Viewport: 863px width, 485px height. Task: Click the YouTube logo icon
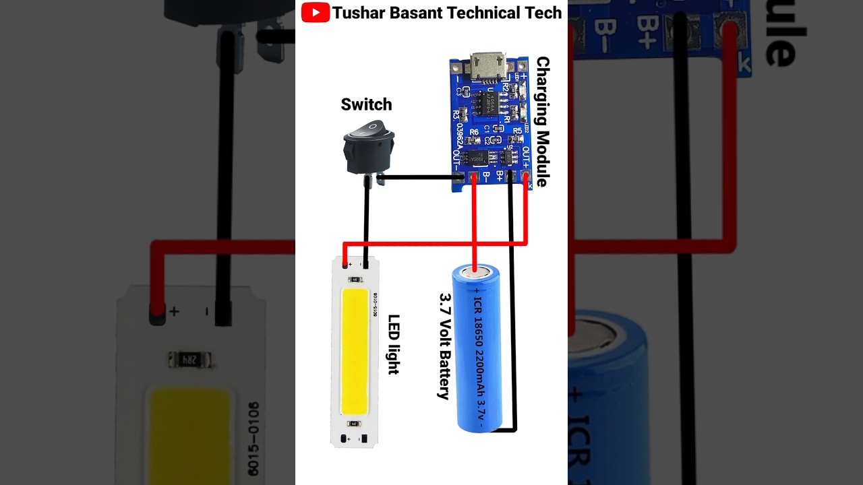pos(316,12)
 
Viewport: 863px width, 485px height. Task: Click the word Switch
pos(366,104)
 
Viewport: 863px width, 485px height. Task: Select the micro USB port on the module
pos(488,67)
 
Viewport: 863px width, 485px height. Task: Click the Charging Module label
pos(542,121)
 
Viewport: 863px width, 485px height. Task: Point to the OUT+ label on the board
pos(525,158)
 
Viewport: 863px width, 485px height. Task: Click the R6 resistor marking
pos(474,132)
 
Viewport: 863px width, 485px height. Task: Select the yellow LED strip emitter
pos(355,351)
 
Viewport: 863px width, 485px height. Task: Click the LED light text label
pos(394,344)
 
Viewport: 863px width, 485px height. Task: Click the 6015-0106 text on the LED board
pos(375,304)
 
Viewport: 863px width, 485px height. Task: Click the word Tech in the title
pos(545,12)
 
